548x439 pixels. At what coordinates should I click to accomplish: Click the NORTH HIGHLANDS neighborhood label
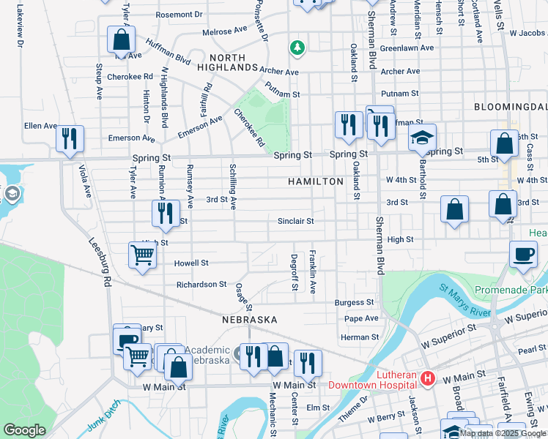coord(234,61)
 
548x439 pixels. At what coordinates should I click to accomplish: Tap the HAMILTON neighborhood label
coord(316,181)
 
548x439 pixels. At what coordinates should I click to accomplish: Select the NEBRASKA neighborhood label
coord(250,320)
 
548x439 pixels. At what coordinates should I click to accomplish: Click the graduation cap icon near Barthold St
coord(421,138)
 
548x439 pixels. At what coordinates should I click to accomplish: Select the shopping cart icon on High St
coord(142,255)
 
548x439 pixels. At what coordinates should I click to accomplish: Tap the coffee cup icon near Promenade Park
coord(523,255)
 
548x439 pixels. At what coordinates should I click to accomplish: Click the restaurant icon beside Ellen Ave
coord(70,138)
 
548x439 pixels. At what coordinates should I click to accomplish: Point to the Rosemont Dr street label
coord(179,14)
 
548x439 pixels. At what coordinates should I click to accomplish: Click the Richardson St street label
coord(201,284)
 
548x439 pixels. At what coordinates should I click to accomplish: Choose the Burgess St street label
coord(355,302)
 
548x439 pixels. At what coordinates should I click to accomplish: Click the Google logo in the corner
coord(24,430)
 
